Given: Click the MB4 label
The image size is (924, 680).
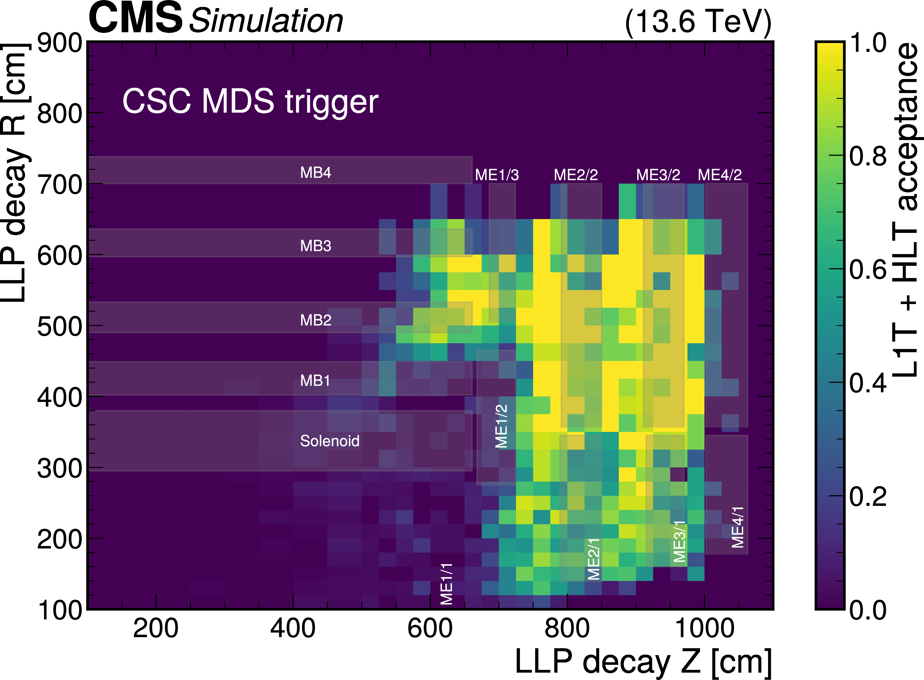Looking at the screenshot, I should click(x=315, y=173).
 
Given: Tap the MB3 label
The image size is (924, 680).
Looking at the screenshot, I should click(x=315, y=246).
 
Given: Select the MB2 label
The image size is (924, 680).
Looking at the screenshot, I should click(x=315, y=320).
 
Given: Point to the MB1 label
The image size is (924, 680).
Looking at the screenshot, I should click(x=315, y=380).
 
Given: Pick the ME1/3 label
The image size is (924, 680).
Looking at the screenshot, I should click(x=496, y=175).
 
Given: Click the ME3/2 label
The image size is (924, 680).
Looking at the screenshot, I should click(x=658, y=175).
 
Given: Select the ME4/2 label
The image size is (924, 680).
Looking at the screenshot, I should click(x=719, y=175).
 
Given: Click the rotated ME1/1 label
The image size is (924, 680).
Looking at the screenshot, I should click(x=447, y=584).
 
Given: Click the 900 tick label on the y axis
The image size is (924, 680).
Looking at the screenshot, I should click(x=60, y=43).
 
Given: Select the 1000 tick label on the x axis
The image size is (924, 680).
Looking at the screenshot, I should click(x=704, y=629).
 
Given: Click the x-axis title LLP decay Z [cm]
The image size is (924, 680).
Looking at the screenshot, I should click(x=643, y=662).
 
